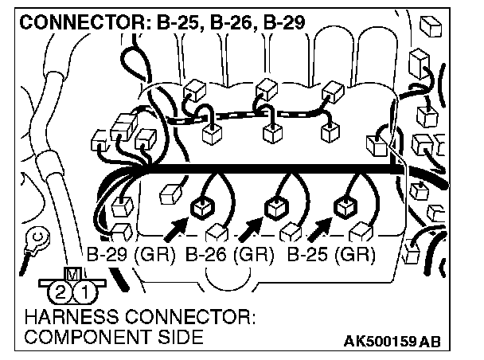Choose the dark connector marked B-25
click(345, 208)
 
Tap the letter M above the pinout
click(72, 274)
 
